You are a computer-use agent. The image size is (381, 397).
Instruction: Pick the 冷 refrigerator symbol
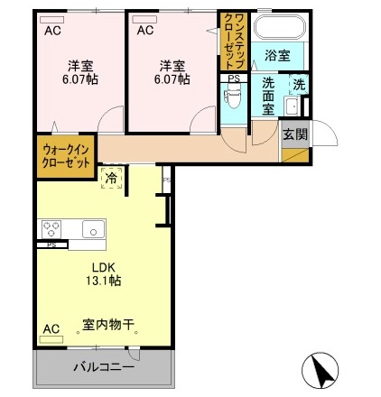pyautogui.click(x=111, y=178)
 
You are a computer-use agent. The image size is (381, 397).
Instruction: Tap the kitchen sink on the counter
pyautogui.click(x=91, y=229)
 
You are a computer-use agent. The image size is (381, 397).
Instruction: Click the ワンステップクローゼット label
pyautogui.click(x=233, y=41)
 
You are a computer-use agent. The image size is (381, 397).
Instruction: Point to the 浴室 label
pyautogui.click(x=278, y=56)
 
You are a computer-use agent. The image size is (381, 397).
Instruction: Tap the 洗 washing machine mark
pyautogui.click(x=297, y=87)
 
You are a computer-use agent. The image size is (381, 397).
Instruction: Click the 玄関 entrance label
pyautogui.click(x=294, y=134)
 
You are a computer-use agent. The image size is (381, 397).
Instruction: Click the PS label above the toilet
pyautogui.click(x=234, y=78)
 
